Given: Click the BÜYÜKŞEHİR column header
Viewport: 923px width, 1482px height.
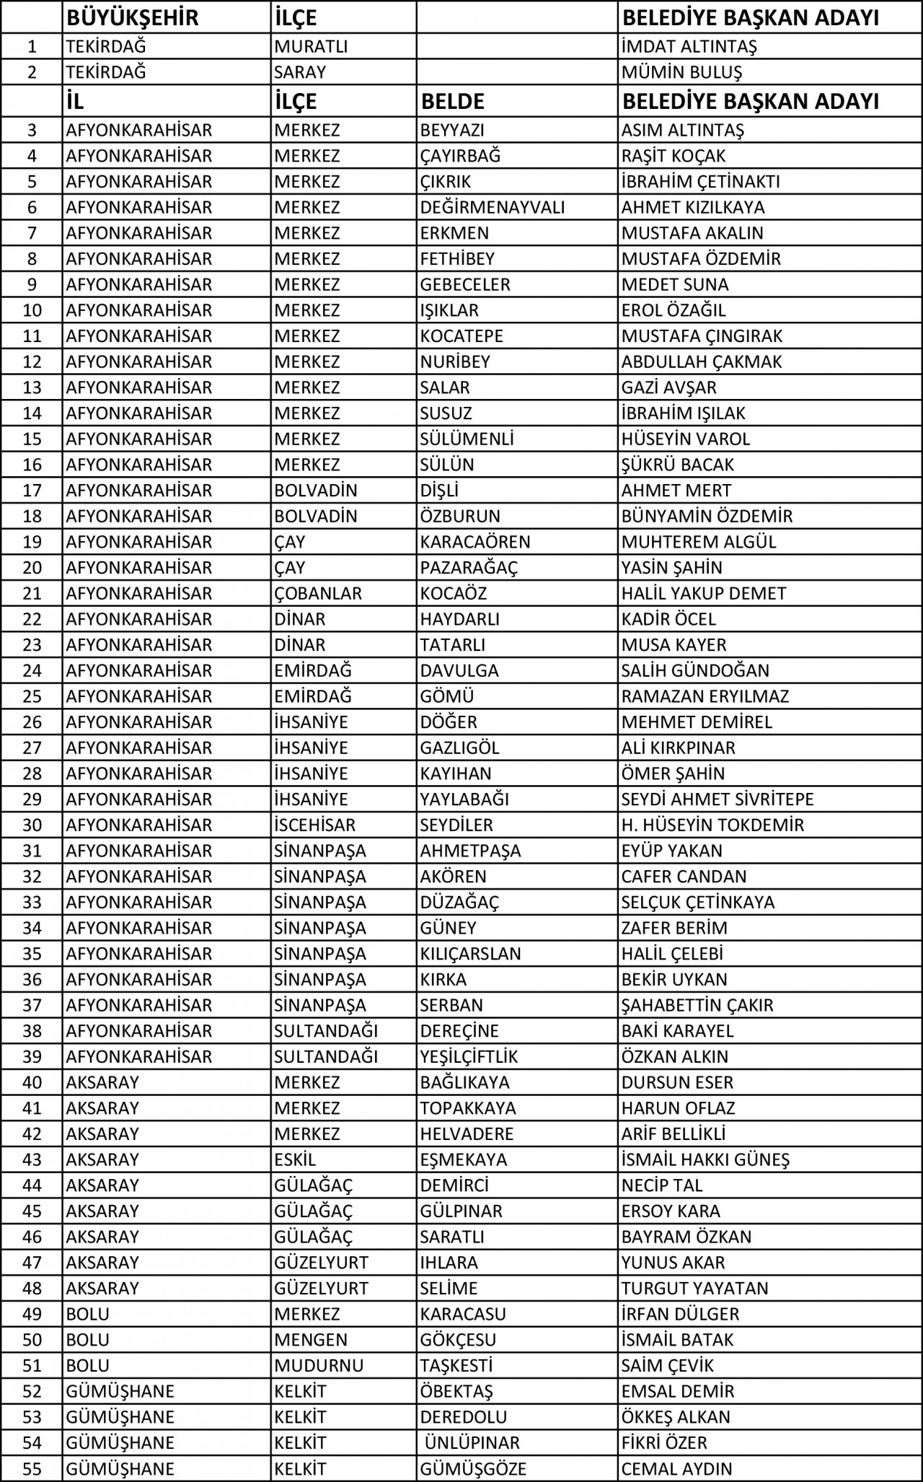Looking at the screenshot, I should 132,17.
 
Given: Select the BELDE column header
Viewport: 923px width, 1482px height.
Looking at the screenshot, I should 452,102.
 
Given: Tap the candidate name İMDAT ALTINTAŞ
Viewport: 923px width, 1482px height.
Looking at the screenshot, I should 689,47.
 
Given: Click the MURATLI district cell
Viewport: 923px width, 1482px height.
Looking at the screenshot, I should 311,47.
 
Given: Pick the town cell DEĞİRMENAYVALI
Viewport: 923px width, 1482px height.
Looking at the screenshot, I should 493,208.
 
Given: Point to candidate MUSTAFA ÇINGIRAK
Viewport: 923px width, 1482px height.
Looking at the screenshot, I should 702,336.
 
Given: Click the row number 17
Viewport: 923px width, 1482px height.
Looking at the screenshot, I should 32,491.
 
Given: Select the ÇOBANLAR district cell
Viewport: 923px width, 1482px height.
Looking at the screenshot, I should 318,594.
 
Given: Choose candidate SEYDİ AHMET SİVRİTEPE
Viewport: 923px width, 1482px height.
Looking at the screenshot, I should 717,799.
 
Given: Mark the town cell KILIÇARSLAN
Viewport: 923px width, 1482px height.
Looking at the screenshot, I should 470,954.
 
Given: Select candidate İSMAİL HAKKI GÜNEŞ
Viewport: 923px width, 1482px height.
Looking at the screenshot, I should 705,1160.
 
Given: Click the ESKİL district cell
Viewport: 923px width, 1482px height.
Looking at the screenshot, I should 295,1160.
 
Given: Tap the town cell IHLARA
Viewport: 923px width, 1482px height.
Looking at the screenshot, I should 449,1263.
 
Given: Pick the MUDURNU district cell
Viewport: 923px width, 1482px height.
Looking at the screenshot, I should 319,1366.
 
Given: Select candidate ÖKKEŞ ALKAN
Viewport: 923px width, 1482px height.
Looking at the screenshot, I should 676,1417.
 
